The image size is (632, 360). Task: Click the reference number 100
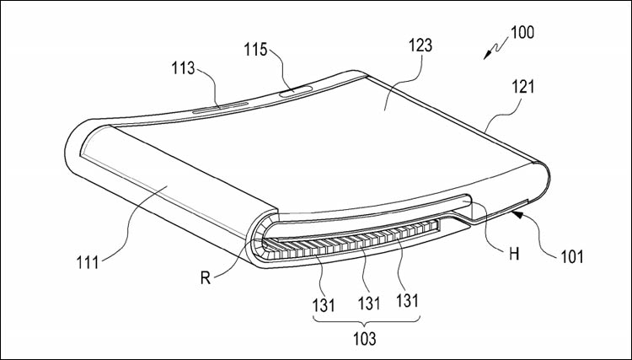(x=522, y=32)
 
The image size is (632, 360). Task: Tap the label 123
(x=420, y=46)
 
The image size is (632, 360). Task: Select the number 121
(x=522, y=87)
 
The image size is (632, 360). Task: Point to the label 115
(x=255, y=50)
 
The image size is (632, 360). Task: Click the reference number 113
(x=184, y=68)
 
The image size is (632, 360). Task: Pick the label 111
(x=88, y=262)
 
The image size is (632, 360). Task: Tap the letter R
(x=206, y=278)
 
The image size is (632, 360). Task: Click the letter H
(x=514, y=255)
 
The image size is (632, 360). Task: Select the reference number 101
(x=572, y=256)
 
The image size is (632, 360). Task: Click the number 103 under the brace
(x=365, y=339)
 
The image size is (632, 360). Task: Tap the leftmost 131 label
(x=324, y=305)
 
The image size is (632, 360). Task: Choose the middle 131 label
(x=369, y=304)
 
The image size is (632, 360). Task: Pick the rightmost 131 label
(x=408, y=300)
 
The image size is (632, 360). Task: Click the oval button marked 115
(x=297, y=91)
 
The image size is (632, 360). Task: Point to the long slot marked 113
(x=220, y=108)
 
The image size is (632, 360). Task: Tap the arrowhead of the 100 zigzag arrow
(x=487, y=56)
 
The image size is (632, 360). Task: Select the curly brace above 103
(x=366, y=321)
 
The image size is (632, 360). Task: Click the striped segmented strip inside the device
(x=351, y=241)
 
